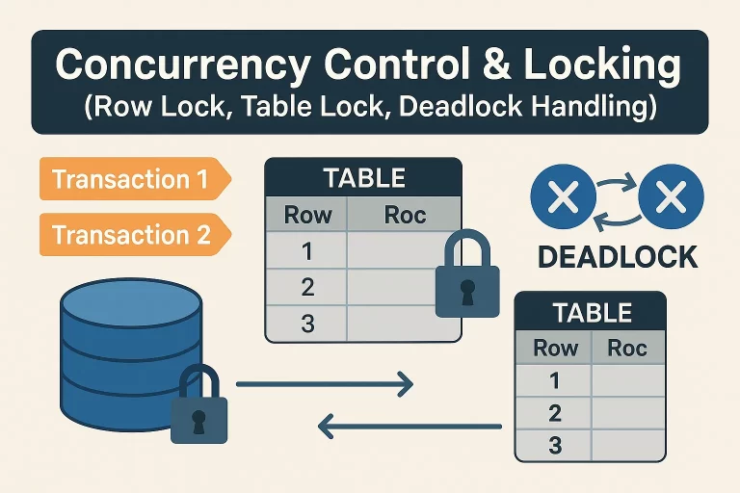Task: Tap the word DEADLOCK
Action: point(618,256)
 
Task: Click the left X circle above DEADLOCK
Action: point(564,199)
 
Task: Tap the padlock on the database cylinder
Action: point(199,408)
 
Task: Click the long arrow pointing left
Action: point(410,424)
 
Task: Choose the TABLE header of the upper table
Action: point(364,178)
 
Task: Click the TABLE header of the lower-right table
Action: point(590,312)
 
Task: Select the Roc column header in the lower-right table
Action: point(627,348)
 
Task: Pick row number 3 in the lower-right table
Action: point(554,446)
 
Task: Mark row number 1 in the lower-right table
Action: point(554,380)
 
